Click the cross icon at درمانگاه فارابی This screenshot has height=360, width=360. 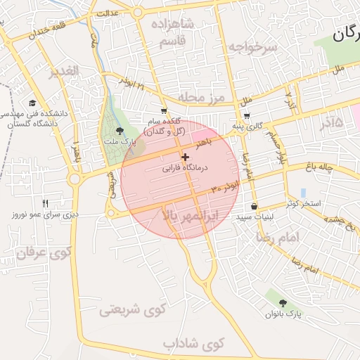click(x=185, y=157)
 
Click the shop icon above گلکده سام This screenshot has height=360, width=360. click(x=164, y=110)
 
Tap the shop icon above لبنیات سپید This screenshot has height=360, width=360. click(x=254, y=207)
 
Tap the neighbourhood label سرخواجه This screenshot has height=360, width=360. click(x=252, y=46)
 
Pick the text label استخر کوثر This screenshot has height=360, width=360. click(x=304, y=204)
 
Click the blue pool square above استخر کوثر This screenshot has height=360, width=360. click(x=303, y=192)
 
